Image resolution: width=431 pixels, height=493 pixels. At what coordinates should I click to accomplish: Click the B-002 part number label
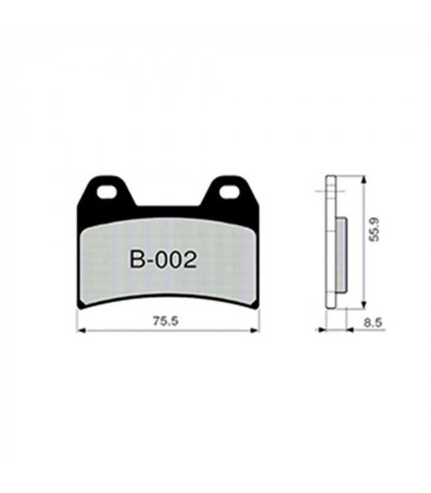point(163,259)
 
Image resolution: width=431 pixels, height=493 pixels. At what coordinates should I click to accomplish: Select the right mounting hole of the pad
point(228,192)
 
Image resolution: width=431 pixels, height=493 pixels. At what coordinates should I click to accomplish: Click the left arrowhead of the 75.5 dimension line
point(81,331)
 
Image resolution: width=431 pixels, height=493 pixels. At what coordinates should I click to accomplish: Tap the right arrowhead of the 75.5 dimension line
point(255,331)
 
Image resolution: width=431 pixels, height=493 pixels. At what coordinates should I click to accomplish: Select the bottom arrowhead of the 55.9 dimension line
point(364,303)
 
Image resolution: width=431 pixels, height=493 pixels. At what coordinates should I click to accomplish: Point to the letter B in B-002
point(137,259)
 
